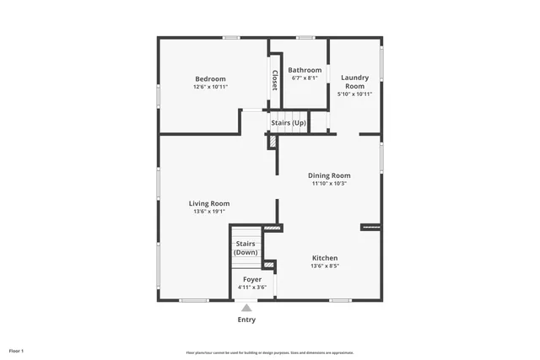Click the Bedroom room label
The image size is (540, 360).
[x=210, y=79]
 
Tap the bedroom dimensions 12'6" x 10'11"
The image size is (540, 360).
[x=210, y=87]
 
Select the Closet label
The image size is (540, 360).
[x=274, y=80]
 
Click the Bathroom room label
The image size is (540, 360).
[x=305, y=70]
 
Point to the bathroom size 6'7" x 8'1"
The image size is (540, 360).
[x=305, y=78]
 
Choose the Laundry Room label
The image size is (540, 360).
[x=354, y=82]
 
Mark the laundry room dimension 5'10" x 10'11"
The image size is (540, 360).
[x=354, y=94]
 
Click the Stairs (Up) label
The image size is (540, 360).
[x=289, y=123]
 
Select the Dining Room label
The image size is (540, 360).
[x=329, y=175]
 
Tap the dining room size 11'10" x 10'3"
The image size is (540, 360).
[x=329, y=183]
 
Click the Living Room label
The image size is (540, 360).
[x=209, y=203]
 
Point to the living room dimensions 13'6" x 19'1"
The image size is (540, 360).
[x=209, y=212]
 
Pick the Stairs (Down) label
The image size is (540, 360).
[x=246, y=248]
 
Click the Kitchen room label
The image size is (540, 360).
[x=325, y=258]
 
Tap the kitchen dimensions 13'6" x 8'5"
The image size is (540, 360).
[x=325, y=266]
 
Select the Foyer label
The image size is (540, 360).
[x=251, y=279]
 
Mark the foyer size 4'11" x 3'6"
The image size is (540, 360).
[x=251, y=287]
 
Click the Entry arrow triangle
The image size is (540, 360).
[x=246, y=309]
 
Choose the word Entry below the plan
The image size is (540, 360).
[x=246, y=320]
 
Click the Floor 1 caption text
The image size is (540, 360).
[x=17, y=350]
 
